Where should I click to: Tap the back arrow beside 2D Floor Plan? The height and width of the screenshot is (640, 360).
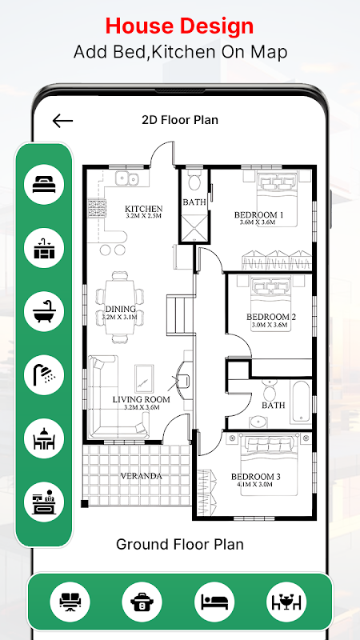(x=62, y=121)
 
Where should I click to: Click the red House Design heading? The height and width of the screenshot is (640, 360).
(x=179, y=26)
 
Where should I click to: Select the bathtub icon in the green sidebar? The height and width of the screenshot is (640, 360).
(x=44, y=311)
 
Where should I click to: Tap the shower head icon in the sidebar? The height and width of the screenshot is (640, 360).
(x=44, y=375)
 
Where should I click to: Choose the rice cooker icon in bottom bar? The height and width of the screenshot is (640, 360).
(x=142, y=602)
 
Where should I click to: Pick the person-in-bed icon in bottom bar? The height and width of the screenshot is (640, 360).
(x=214, y=602)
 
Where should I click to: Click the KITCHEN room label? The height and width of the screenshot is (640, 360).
(x=144, y=209)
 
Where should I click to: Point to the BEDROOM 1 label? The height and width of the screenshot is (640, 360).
(x=258, y=214)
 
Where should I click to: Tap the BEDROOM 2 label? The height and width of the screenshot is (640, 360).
(x=271, y=317)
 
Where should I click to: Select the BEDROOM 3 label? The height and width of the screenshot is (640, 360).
(x=256, y=476)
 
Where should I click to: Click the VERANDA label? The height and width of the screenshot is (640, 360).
(x=142, y=476)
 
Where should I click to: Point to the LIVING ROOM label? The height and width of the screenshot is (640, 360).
(x=142, y=399)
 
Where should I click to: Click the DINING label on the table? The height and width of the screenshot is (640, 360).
(x=121, y=309)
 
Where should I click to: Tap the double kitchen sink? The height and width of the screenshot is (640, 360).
(x=127, y=178)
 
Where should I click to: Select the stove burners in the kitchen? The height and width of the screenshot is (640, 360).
(x=97, y=208)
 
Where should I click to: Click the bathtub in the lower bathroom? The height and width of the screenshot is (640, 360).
(x=301, y=402)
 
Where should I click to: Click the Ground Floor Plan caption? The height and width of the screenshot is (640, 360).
(x=179, y=544)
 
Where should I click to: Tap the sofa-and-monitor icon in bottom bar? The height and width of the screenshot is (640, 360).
(x=70, y=602)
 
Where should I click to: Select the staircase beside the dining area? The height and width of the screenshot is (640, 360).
(x=179, y=316)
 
